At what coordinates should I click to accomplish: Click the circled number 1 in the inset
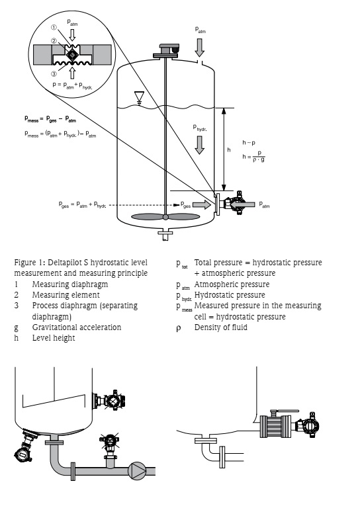(x=54, y=28)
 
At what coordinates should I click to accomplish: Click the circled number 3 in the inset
(x=54, y=74)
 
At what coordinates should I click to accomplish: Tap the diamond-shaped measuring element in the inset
(x=71, y=55)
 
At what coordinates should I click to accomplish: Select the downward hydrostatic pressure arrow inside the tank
(x=199, y=145)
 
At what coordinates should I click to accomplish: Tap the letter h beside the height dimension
(x=229, y=150)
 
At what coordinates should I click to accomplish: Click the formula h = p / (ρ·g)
(x=253, y=157)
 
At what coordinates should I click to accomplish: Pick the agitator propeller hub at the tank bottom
(x=165, y=217)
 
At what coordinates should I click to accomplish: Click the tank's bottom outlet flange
(x=165, y=233)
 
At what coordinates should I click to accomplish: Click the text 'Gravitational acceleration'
(x=77, y=327)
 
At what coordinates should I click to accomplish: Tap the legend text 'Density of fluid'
(x=221, y=327)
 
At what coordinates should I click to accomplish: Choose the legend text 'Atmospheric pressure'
(x=232, y=284)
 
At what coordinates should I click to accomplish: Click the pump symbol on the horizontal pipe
(x=137, y=471)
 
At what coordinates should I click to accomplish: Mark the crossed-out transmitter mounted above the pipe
(x=109, y=442)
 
